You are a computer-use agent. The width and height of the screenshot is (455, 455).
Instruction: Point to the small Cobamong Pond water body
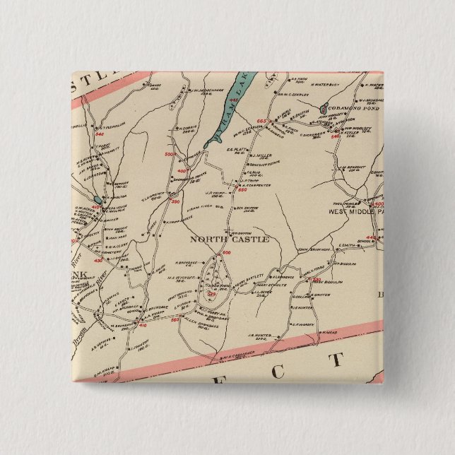tap(323, 110)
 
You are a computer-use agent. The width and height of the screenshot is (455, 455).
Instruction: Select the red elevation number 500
tap(169, 154)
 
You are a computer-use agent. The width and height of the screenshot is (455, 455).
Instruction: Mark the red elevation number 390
tap(175, 202)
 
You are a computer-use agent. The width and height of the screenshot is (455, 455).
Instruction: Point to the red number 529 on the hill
tap(209, 295)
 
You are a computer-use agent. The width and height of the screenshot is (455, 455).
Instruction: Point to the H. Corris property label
tap(187, 126)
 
